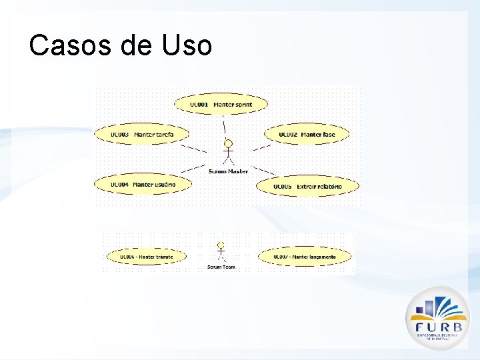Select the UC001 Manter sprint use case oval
[x=221, y=104]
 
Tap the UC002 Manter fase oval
[x=307, y=135]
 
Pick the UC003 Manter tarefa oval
[x=141, y=135]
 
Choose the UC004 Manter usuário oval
[x=143, y=184]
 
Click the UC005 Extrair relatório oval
[x=307, y=186]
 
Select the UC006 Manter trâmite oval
[x=146, y=257]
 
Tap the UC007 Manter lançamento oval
[x=304, y=257]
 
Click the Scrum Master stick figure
[x=229, y=153]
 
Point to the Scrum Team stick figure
[x=221, y=253]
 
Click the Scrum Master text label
[x=228, y=171]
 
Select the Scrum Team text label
[x=221, y=267]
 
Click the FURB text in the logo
[x=438, y=327]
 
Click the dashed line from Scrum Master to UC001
[x=225, y=125]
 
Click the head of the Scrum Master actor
[x=229, y=143]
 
